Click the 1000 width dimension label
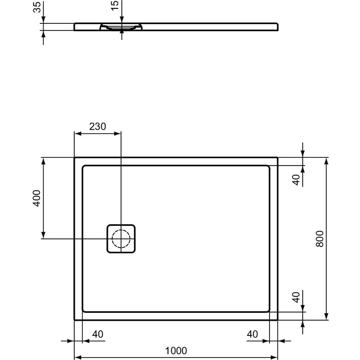point(176,350)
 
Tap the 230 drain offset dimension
point(97,127)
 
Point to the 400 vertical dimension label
point(37,198)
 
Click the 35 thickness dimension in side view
point(37,7)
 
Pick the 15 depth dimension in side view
point(115,5)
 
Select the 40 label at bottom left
point(98,334)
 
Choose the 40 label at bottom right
point(252,334)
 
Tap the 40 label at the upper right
point(296,179)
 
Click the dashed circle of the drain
point(121,239)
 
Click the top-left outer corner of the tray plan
point(75,158)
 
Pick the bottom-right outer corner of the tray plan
point(278,319)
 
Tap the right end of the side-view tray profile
point(278,27)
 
